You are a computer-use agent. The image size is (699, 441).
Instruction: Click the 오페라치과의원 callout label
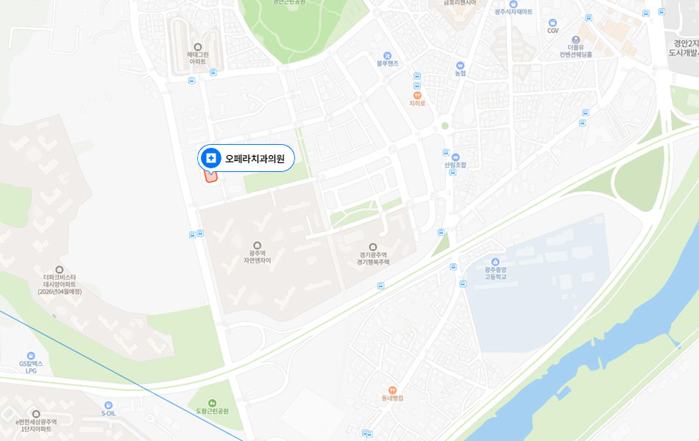(x=255, y=158)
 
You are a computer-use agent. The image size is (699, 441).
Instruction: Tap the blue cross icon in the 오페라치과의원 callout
(x=211, y=158)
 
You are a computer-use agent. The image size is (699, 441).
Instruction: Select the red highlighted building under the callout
(x=210, y=176)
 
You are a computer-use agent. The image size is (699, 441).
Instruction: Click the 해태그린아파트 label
(x=197, y=58)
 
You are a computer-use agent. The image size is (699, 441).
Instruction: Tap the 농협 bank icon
(x=461, y=65)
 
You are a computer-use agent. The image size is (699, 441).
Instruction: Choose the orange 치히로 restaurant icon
(x=417, y=95)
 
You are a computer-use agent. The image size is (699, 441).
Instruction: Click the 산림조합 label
(x=455, y=165)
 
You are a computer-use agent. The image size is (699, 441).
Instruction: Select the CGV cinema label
(x=553, y=31)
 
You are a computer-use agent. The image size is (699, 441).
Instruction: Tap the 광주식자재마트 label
(x=514, y=12)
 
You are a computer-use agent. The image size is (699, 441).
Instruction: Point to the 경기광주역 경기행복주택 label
(x=372, y=258)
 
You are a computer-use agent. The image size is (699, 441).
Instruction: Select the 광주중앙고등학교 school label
(x=495, y=273)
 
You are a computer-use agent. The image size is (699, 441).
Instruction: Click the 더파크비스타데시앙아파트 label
(x=60, y=284)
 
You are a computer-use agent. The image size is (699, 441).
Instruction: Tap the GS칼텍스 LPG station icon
(x=31, y=356)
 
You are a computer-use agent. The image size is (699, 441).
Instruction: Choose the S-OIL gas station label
(x=109, y=413)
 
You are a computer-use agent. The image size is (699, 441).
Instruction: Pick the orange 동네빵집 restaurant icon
(x=392, y=390)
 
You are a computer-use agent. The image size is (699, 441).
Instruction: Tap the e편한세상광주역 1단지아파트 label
(x=36, y=425)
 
